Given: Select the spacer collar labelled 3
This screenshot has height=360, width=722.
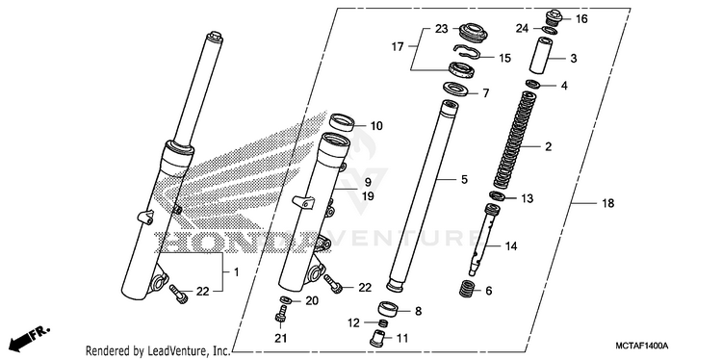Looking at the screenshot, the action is (541, 55).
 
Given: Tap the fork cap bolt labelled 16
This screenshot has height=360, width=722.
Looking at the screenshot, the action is (552, 18).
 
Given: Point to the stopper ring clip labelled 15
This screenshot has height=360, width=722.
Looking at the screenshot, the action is (467, 52).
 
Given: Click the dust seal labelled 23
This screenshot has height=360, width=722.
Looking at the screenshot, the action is (469, 32).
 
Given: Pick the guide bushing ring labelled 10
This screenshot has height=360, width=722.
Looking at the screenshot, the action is (342, 122).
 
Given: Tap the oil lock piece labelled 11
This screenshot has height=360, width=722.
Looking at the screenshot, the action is (380, 339).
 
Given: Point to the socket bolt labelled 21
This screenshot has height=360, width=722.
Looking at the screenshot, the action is (281, 316).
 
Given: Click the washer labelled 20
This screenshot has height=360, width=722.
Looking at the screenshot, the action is (286, 300).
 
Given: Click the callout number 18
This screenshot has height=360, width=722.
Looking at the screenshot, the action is (607, 203).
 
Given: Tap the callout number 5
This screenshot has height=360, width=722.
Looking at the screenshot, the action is (464, 179).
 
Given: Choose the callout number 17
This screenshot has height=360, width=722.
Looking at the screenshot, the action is (397, 46).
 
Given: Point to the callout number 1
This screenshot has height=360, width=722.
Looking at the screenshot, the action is (236, 272).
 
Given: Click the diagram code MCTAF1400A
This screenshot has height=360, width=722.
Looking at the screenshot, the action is (642, 346).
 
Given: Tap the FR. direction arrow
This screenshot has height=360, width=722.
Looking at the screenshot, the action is (29, 339).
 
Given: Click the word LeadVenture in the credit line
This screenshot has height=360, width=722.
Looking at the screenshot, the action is (175, 351).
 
